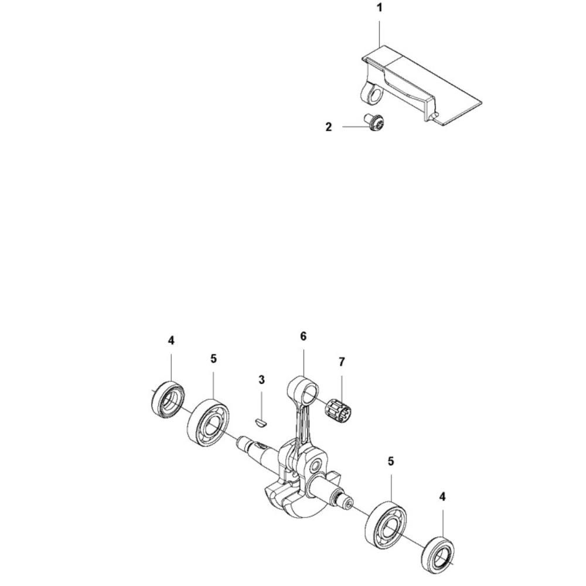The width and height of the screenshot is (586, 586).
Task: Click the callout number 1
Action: coord(379,9)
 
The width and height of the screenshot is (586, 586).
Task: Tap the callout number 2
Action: coord(329,126)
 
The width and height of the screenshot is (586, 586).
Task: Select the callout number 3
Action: coord(261,380)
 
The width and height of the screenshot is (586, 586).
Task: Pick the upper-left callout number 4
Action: coord(171,340)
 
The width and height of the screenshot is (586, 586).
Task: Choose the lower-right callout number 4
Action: coord(442,497)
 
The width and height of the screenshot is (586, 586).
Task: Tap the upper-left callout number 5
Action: coord(213,358)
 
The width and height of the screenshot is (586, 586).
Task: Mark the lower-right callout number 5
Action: coord(391,461)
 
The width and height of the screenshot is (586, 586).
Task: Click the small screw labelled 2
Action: coord(373,123)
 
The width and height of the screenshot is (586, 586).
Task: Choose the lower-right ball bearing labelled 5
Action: coord(387,523)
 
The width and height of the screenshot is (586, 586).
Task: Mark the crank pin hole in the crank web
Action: coord(316,468)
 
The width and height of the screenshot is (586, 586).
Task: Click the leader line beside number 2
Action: coord(352,125)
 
